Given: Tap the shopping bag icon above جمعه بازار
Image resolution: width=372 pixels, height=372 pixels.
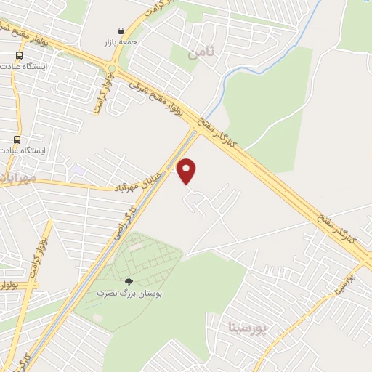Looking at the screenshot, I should click(120, 31).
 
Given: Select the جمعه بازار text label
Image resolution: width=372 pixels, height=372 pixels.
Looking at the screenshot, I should click(120, 43).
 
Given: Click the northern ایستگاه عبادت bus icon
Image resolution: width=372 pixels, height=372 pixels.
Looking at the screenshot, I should click(17, 55).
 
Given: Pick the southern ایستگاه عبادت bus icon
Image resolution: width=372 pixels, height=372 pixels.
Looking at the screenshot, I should click(17, 139).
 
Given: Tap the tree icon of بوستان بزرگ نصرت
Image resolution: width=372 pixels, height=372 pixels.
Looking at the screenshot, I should click(129, 282).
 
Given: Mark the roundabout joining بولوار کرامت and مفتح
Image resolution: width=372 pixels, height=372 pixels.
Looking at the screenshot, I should click(111, 69).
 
